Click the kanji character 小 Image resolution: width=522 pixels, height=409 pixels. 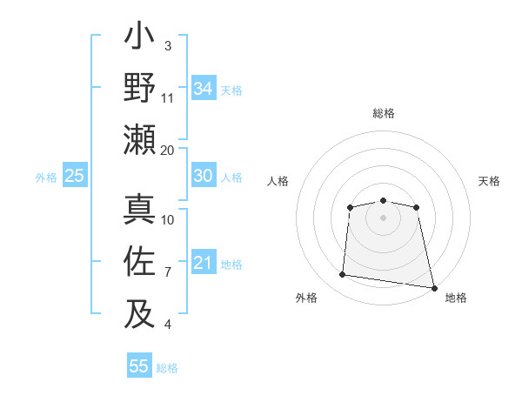(140, 38)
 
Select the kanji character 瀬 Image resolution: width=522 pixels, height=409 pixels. (140, 139)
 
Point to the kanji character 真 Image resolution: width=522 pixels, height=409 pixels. (140, 210)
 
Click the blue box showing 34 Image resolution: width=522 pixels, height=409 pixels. (204, 89)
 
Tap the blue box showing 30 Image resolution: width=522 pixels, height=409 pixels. (204, 177)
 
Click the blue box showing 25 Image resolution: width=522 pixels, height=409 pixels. (74, 177)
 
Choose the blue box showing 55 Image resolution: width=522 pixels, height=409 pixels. (139, 366)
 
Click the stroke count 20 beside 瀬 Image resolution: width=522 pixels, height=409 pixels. (168, 150)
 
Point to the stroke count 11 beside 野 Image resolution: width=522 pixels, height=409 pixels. (168, 97)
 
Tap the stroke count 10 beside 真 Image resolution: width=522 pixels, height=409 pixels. (168, 219)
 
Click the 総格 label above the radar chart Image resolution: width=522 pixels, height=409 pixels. (384, 113)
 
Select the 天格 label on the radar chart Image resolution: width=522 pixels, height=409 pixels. (489, 181)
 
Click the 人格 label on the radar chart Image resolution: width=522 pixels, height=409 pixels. (278, 181)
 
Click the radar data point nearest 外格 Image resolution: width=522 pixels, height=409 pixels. (343, 275)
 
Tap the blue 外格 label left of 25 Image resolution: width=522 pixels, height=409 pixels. (46, 178)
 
